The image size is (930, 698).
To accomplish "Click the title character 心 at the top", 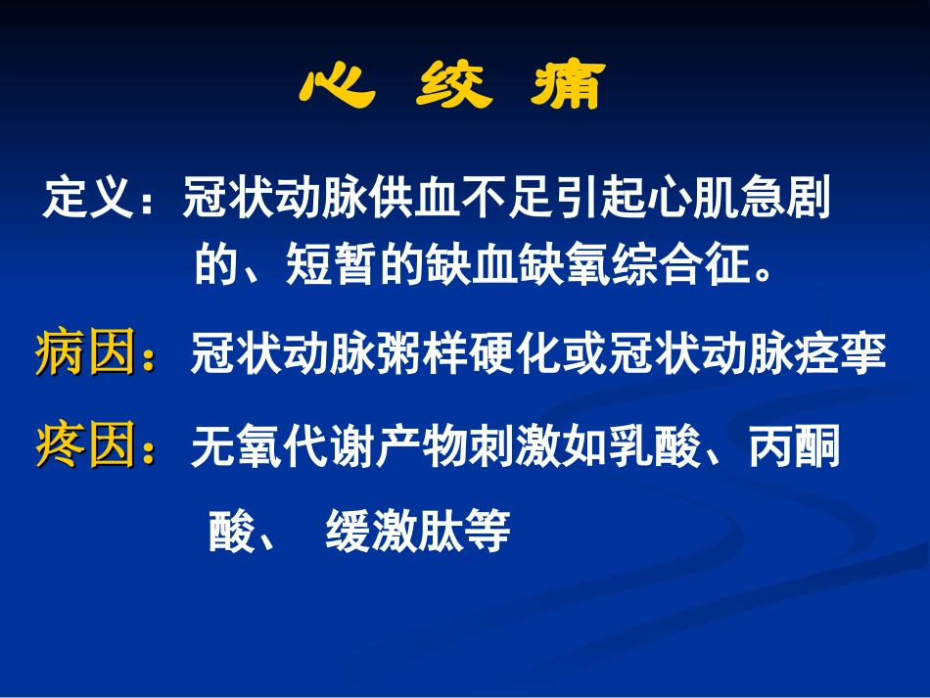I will click(337, 88).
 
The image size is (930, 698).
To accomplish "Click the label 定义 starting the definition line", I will click(88, 200).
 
